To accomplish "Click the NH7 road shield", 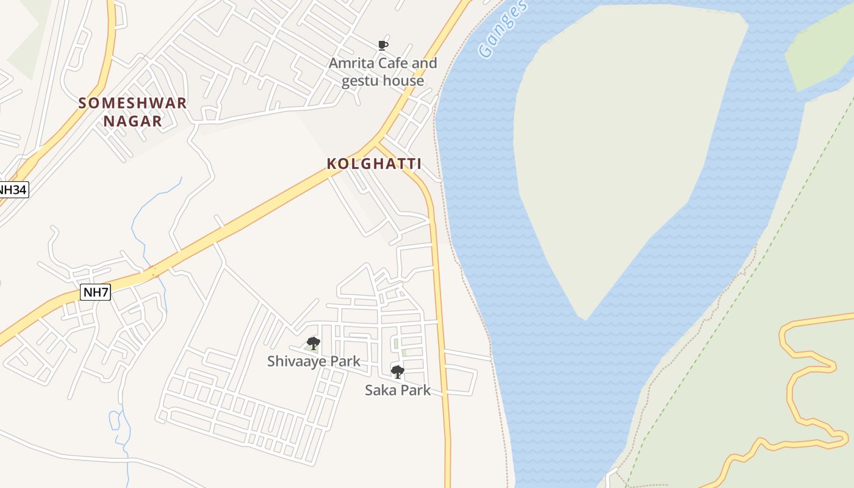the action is [x=95, y=292].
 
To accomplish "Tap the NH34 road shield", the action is [x=13, y=190].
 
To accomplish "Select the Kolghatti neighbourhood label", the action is [x=374, y=163].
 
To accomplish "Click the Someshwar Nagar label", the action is [x=132, y=112].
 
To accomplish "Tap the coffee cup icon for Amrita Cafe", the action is [x=382, y=45].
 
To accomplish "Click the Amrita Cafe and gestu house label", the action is [x=382, y=72].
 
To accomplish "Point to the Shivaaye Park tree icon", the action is [x=313, y=343].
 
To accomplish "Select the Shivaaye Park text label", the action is [x=314, y=361].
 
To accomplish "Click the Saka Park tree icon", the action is [x=397, y=371].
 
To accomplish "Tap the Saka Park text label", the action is [x=397, y=390].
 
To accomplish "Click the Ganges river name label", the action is [x=501, y=29].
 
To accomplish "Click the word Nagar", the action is [x=132, y=121].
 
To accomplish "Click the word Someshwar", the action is [x=132, y=102].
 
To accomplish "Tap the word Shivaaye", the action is [x=298, y=361].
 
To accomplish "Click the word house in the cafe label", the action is [x=403, y=81].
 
